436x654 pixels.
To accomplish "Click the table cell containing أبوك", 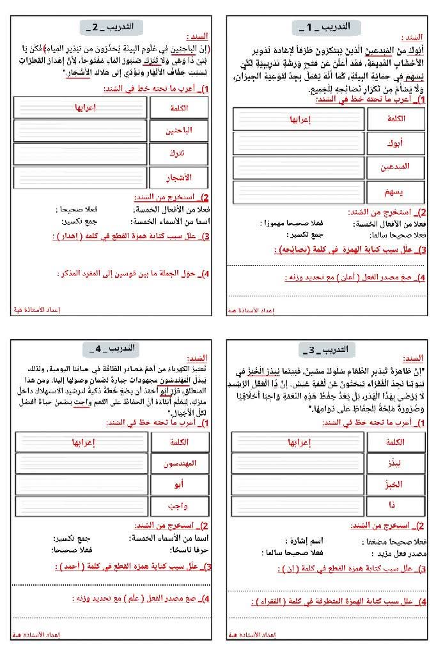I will click(x=396, y=143).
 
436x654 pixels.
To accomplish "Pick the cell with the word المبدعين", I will click(x=396, y=167).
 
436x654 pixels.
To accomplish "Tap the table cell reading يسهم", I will click(x=396, y=191).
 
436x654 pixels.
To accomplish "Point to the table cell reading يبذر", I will click(x=396, y=462).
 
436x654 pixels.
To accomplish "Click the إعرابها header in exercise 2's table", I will click(x=81, y=108).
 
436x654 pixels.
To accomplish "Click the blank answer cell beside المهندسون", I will click(x=81, y=462).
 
